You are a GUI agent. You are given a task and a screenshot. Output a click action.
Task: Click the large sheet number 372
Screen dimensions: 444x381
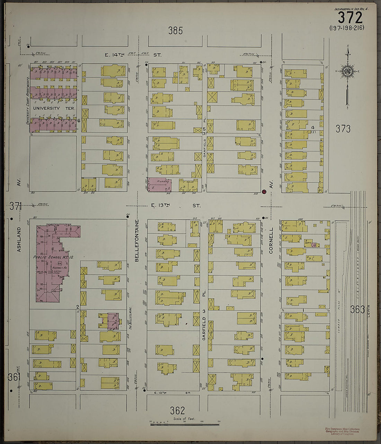click(350, 18)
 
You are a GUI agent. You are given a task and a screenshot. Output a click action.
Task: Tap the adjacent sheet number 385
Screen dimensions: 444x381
click(175, 31)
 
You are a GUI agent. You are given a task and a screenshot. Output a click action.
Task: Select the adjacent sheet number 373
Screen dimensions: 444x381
click(343, 129)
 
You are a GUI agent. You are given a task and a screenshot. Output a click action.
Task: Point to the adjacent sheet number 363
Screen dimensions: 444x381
click(357, 310)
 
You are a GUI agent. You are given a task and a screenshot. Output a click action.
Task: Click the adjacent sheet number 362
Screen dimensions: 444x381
click(177, 410)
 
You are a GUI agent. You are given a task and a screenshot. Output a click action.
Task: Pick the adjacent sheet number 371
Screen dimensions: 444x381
click(16, 207)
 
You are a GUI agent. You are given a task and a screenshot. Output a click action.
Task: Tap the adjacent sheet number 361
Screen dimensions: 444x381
click(15, 377)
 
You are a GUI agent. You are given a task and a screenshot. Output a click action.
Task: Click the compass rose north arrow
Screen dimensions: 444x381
click(347, 71)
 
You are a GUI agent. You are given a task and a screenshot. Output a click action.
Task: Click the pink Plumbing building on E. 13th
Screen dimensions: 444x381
click(159, 185)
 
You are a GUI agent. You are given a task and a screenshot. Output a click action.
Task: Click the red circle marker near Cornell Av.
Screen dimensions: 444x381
click(264, 192)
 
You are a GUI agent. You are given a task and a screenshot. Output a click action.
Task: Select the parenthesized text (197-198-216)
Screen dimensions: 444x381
click(347, 28)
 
